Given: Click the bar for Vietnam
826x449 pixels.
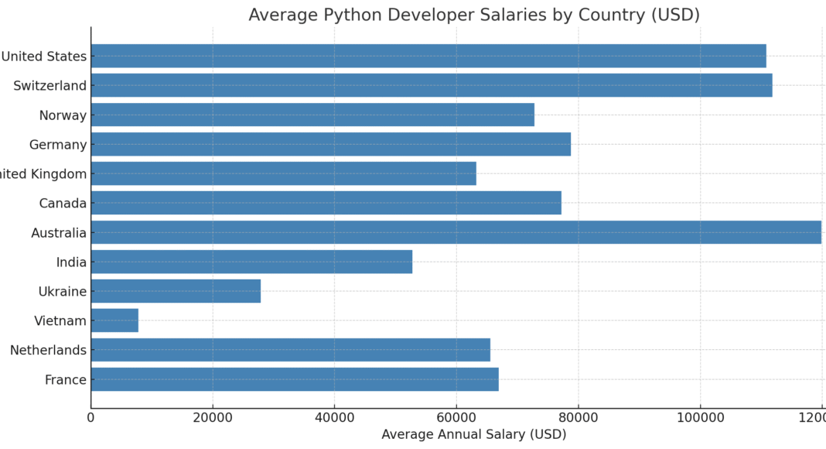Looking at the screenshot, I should click(114, 320).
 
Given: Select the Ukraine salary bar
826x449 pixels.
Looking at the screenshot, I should click(176, 291).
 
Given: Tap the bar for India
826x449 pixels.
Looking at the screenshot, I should click(251, 262).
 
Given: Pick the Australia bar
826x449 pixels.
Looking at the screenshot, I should click(456, 232).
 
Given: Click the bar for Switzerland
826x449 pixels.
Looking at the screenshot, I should click(432, 85).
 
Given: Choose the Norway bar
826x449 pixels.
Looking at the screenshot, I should click(312, 115).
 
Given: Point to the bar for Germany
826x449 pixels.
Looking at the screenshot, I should click(331, 144).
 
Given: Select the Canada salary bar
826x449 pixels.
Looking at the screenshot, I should click(326, 203).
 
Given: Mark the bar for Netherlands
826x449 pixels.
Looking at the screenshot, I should click(291, 350).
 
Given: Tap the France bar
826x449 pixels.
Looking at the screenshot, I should click(295, 379).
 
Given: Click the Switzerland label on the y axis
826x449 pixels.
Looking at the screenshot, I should click(49, 86).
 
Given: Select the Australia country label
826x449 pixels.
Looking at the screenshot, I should click(59, 233).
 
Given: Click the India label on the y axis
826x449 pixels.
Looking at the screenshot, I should click(71, 262).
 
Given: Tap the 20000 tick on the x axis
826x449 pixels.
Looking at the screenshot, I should click(213, 418).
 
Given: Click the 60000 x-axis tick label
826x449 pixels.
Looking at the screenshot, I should click(456, 418).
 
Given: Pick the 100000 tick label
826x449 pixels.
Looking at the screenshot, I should click(700, 418).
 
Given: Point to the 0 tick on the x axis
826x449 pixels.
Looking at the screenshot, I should click(91, 418).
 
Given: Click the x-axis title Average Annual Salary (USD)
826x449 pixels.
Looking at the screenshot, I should click(473, 435).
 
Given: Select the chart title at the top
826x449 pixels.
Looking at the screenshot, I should click(473, 15).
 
